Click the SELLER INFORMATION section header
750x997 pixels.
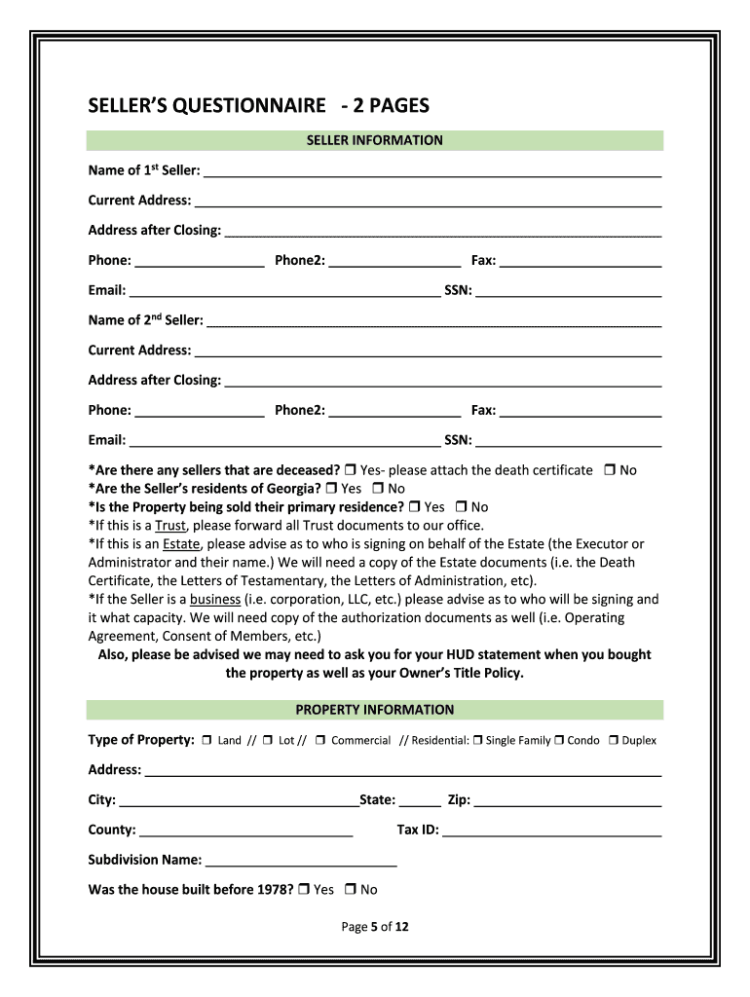(x=374, y=140)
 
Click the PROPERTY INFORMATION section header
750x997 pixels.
(x=374, y=710)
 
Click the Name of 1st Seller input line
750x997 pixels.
(x=432, y=171)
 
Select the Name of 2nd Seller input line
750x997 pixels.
(x=434, y=321)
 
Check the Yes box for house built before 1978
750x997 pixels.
(x=305, y=889)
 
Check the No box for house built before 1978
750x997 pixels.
(x=352, y=889)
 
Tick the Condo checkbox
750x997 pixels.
(x=560, y=740)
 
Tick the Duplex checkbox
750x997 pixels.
(x=614, y=740)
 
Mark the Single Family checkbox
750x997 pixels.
(x=478, y=740)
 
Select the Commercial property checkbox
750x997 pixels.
(x=320, y=740)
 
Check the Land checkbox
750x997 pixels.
(x=207, y=740)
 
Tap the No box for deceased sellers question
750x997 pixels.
(x=609, y=470)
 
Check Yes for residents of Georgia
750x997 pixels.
(x=331, y=489)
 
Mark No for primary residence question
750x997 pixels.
(x=462, y=507)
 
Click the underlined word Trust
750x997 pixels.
(x=170, y=526)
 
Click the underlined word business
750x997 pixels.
(x=214, y=600)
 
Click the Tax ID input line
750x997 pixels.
(x=552, y=831)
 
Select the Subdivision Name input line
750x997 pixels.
(x=302, y=861)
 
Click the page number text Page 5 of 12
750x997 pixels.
(x=375, y=927)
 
